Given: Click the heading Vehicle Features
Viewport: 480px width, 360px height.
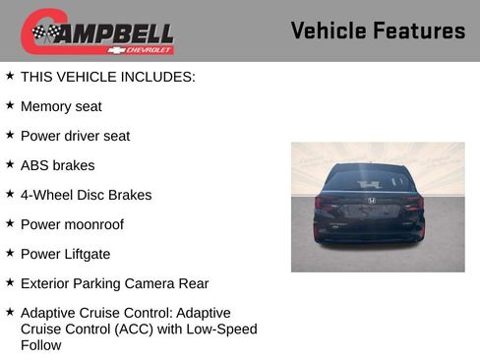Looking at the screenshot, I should [x=378, y=30].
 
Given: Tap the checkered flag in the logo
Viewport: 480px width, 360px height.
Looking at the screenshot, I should [x=44, y=32].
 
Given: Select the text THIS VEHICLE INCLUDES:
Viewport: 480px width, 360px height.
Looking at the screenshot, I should [x=108, y=77].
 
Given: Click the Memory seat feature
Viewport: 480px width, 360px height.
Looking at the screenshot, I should [x=61, y=106].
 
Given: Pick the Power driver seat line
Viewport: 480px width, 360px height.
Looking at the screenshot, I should [x=75, y=136].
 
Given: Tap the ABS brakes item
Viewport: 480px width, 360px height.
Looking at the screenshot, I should [x=57, y=165].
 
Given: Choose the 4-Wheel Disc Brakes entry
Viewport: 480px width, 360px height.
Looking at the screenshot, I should [x=86, y=195].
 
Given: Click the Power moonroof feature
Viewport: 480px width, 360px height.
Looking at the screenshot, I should [x=73, y=224].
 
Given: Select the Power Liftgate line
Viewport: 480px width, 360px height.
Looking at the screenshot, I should [x=65, y=254].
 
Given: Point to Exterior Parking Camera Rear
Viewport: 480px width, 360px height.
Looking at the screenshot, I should [x=114, y=283].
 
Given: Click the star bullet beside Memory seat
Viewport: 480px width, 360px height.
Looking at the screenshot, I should [x=10, y=104].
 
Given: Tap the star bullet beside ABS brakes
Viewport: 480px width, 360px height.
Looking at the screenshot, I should [x=10, y=163].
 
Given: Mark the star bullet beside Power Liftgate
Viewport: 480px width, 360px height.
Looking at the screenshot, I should [x=10, y=252].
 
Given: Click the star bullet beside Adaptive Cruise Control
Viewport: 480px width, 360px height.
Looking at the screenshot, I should [x=10, y=311].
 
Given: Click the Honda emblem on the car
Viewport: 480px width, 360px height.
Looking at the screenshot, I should [x=371, y=200].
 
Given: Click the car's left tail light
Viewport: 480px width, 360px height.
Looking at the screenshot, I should [x=328, y=203].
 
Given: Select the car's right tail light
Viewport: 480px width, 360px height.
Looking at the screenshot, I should [x=414, y=203].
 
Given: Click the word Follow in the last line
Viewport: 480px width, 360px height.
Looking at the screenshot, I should [x=40, y=345].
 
